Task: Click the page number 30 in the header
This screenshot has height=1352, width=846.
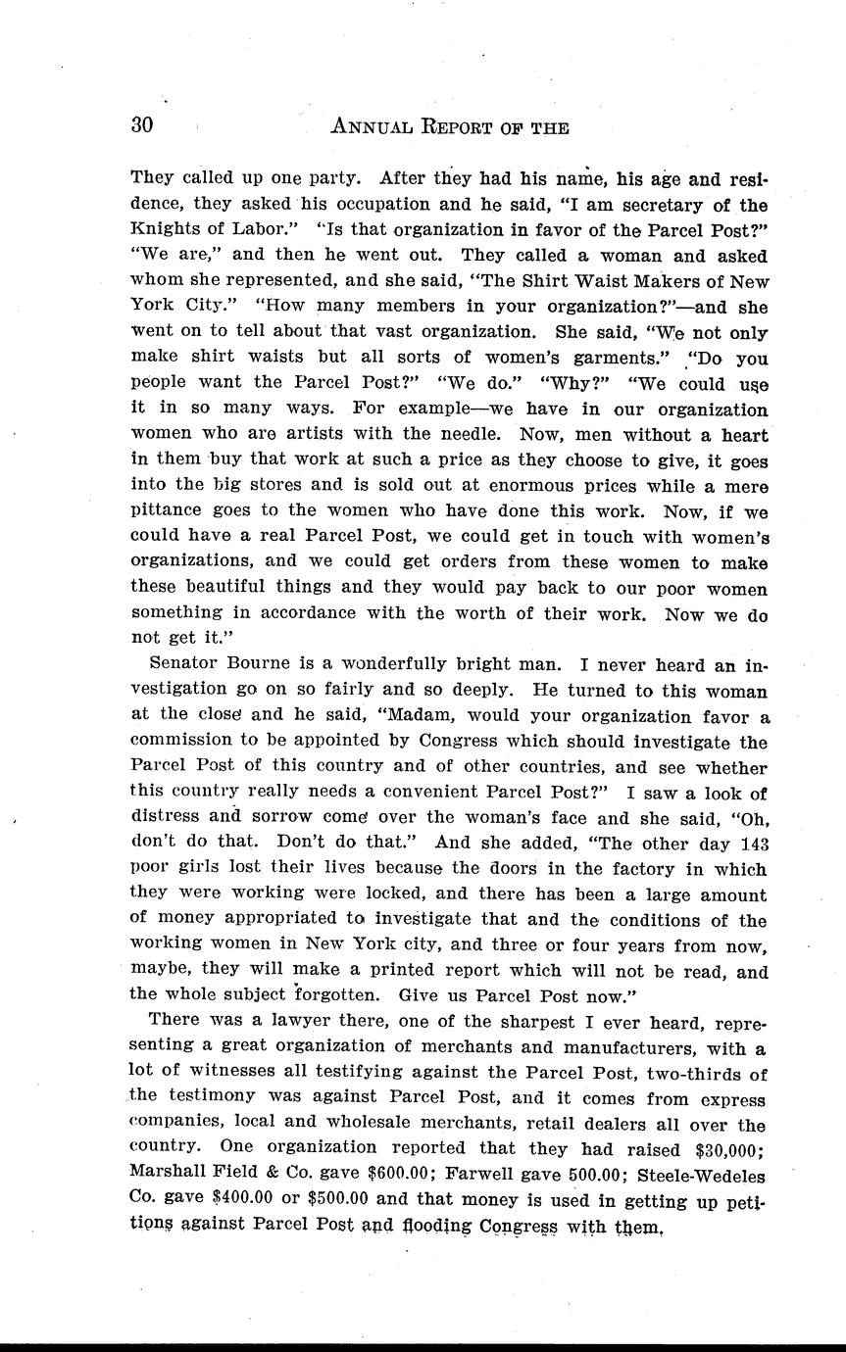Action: (142, 125)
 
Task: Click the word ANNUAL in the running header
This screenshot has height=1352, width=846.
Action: (376, 126)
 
